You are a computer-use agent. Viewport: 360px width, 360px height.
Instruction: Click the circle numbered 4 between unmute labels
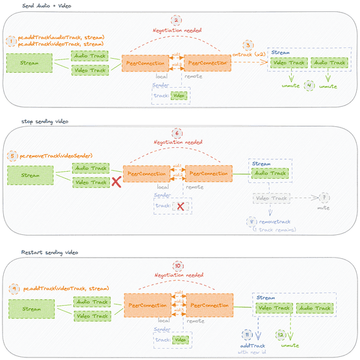click(x=309, y=85)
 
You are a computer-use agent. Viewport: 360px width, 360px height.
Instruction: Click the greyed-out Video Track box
click(x=270, y=198)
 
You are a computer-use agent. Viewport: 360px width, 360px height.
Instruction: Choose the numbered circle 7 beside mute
click(x=324, y=198)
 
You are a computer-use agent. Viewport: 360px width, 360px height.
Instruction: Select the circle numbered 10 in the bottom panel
click(x=178, y=266)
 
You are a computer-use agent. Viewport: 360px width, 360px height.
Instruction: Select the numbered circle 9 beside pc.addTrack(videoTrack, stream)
click(x=14, y=288)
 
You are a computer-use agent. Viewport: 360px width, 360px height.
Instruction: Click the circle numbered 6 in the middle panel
click(x=178, y=134)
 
